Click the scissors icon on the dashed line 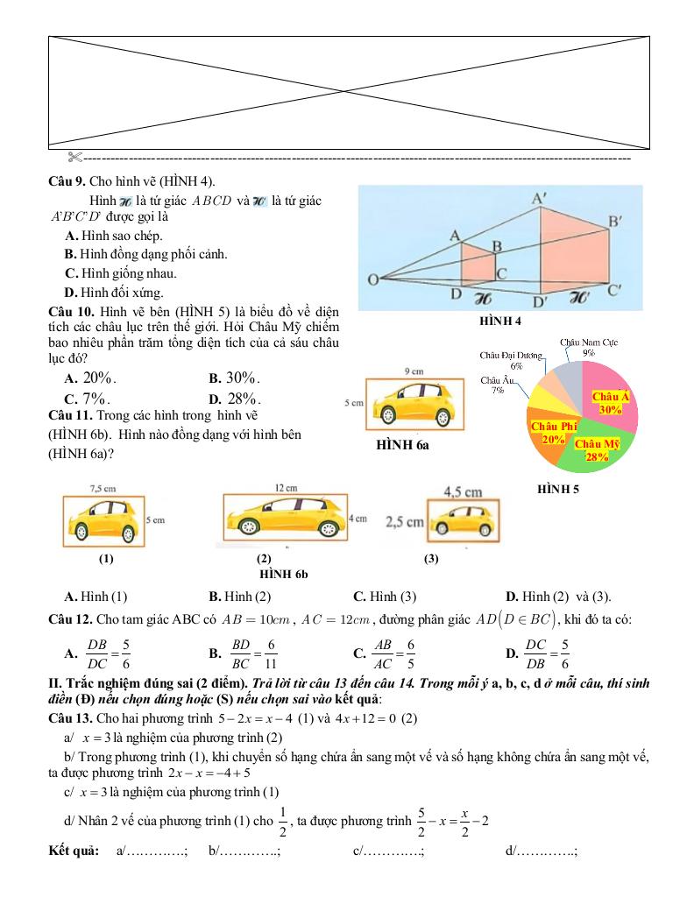(x=74, y=158)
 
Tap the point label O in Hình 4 (x=372, y=280)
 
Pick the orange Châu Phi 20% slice (x=550, y=432)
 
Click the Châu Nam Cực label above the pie (x=589, y=342)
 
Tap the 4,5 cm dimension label (x=463, y=492)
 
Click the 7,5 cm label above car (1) (x=103, y=488)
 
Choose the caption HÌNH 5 (x=558, y=490)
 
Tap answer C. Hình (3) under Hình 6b (x=384, y=597)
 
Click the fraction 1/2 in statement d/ (x=282, y=822)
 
